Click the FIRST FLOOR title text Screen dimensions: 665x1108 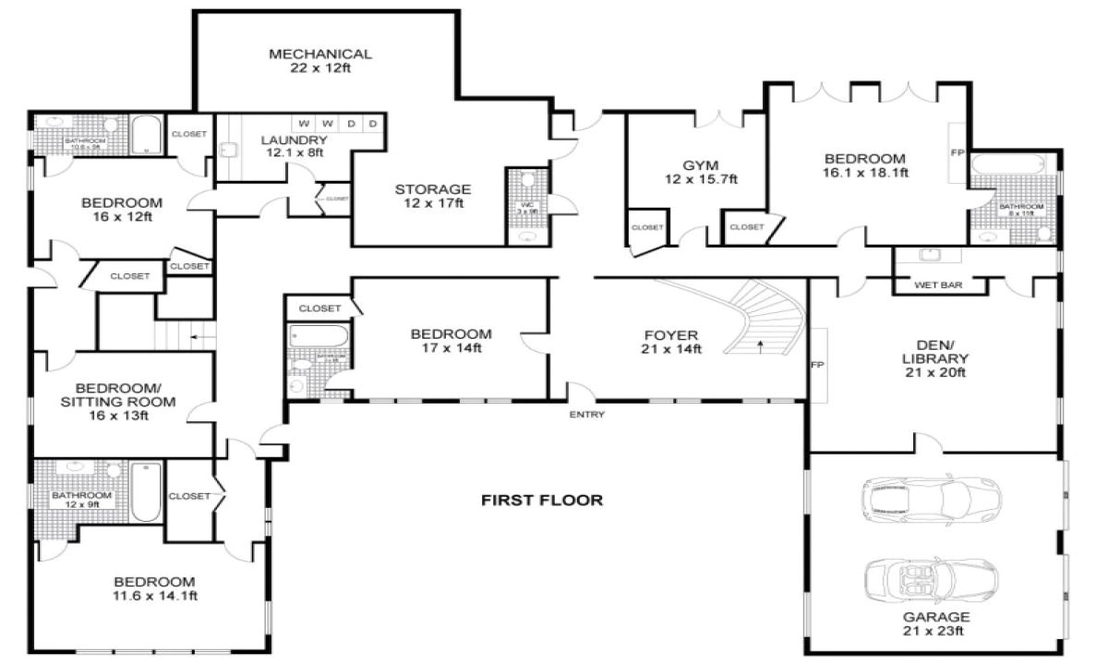pos(542,501)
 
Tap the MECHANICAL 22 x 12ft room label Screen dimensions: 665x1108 pos(320,61)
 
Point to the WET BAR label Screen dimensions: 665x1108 pos(938,285)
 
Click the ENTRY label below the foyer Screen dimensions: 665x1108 pos(587,415)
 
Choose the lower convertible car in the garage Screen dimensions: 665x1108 pos(931,579)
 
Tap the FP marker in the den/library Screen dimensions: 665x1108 pos(816,365)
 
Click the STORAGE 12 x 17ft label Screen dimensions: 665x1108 pos(433,196)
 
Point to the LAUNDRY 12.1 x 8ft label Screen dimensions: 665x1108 pos(295,146)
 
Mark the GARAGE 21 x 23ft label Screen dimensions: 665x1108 pos(935,623)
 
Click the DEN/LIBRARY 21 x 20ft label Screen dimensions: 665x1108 pos(935,359)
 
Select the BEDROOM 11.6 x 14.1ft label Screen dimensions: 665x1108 pos(154,588)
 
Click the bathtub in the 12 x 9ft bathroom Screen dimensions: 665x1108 pos(146,491)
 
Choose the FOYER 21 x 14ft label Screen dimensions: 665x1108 pos(671,342)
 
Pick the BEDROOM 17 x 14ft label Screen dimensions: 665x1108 pos(451,341)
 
